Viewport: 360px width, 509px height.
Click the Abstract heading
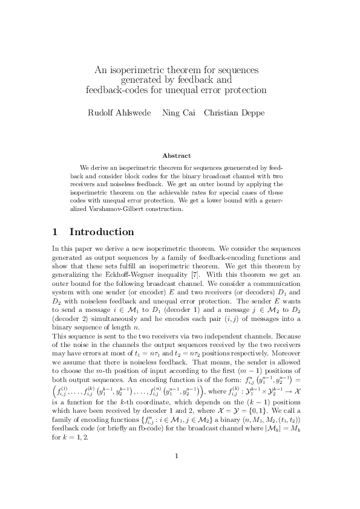point(180,155)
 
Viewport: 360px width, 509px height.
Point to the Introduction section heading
point(102,232)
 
